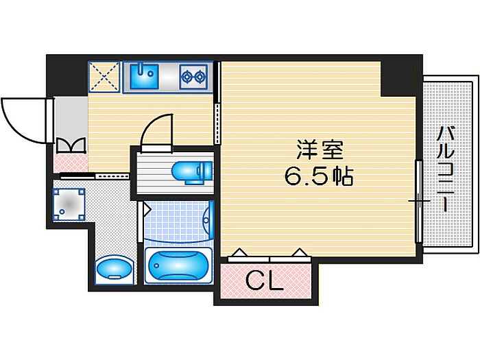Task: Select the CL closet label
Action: point(265,280)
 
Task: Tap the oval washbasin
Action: point(112,268)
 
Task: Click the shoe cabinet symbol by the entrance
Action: point(71,145)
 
